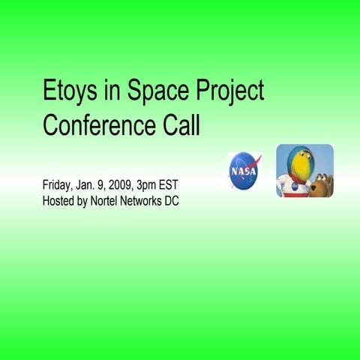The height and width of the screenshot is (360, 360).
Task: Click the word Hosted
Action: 58,200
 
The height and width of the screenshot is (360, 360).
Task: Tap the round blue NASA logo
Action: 244,170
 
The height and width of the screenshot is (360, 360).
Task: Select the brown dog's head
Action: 322,183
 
